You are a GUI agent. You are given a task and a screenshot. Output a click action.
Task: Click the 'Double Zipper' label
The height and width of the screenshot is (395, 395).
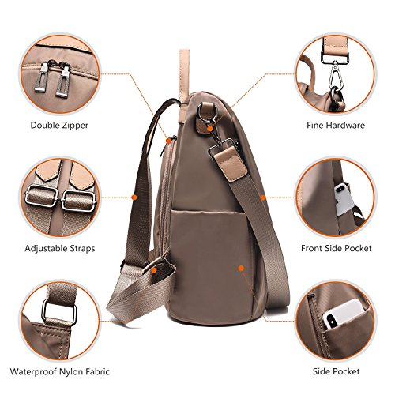(x=59, y=125)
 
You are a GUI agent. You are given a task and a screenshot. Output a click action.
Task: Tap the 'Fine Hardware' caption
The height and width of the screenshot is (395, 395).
(x=336, y=125)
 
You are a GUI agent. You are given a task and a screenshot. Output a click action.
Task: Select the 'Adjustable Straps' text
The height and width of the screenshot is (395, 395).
(x=60, y=248)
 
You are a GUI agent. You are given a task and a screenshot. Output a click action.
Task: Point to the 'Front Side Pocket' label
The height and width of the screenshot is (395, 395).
(x=337, y=248)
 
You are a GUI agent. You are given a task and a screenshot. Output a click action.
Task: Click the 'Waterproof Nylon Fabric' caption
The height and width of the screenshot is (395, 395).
(x=60, y=371)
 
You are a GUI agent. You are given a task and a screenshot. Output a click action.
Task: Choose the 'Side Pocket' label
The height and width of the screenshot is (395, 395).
(x=337, y=371)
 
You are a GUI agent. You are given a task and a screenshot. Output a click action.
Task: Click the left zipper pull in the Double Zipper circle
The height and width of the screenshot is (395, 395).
(x=41, y=77)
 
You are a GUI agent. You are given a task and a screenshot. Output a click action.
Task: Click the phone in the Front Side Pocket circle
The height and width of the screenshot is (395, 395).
(x=344, y=199)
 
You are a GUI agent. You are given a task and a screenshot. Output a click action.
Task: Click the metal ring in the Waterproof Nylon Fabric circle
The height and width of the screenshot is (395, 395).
(x=59, y=311)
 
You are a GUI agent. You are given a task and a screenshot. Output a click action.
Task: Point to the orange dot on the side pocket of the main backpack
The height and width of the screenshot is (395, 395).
(x=241, y=269)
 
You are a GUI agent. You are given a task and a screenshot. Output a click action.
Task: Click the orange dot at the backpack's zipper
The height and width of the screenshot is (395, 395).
(x=168, y=141)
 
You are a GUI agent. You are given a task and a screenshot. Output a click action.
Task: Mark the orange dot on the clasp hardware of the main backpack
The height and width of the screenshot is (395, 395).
(x=210, y=128)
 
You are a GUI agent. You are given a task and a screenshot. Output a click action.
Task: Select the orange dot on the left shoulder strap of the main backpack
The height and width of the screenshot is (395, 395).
(x=134, y=197)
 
